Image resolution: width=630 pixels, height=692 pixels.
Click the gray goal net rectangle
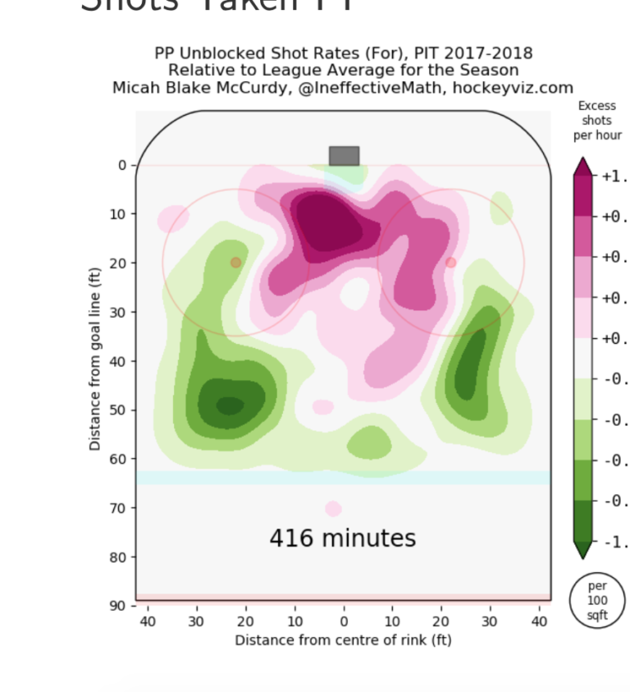344,156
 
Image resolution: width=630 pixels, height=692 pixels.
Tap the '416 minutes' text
343,538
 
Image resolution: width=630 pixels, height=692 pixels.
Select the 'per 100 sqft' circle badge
598,600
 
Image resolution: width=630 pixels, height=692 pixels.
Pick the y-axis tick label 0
122,165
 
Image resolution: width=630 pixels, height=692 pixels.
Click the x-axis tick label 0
344,621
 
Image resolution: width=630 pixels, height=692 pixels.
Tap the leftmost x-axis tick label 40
148,621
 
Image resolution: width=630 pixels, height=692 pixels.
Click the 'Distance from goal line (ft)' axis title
95,358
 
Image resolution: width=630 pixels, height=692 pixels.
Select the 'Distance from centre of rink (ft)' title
343,639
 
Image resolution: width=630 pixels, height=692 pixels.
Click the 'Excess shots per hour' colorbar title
597,121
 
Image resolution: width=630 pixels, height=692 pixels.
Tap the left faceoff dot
235,262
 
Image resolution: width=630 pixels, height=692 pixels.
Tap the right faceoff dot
450,262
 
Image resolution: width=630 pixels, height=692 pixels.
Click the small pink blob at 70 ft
333,509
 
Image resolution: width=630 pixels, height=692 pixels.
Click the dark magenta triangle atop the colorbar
583,166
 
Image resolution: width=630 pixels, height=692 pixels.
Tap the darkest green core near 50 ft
230,405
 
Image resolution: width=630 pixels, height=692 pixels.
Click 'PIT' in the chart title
407,53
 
